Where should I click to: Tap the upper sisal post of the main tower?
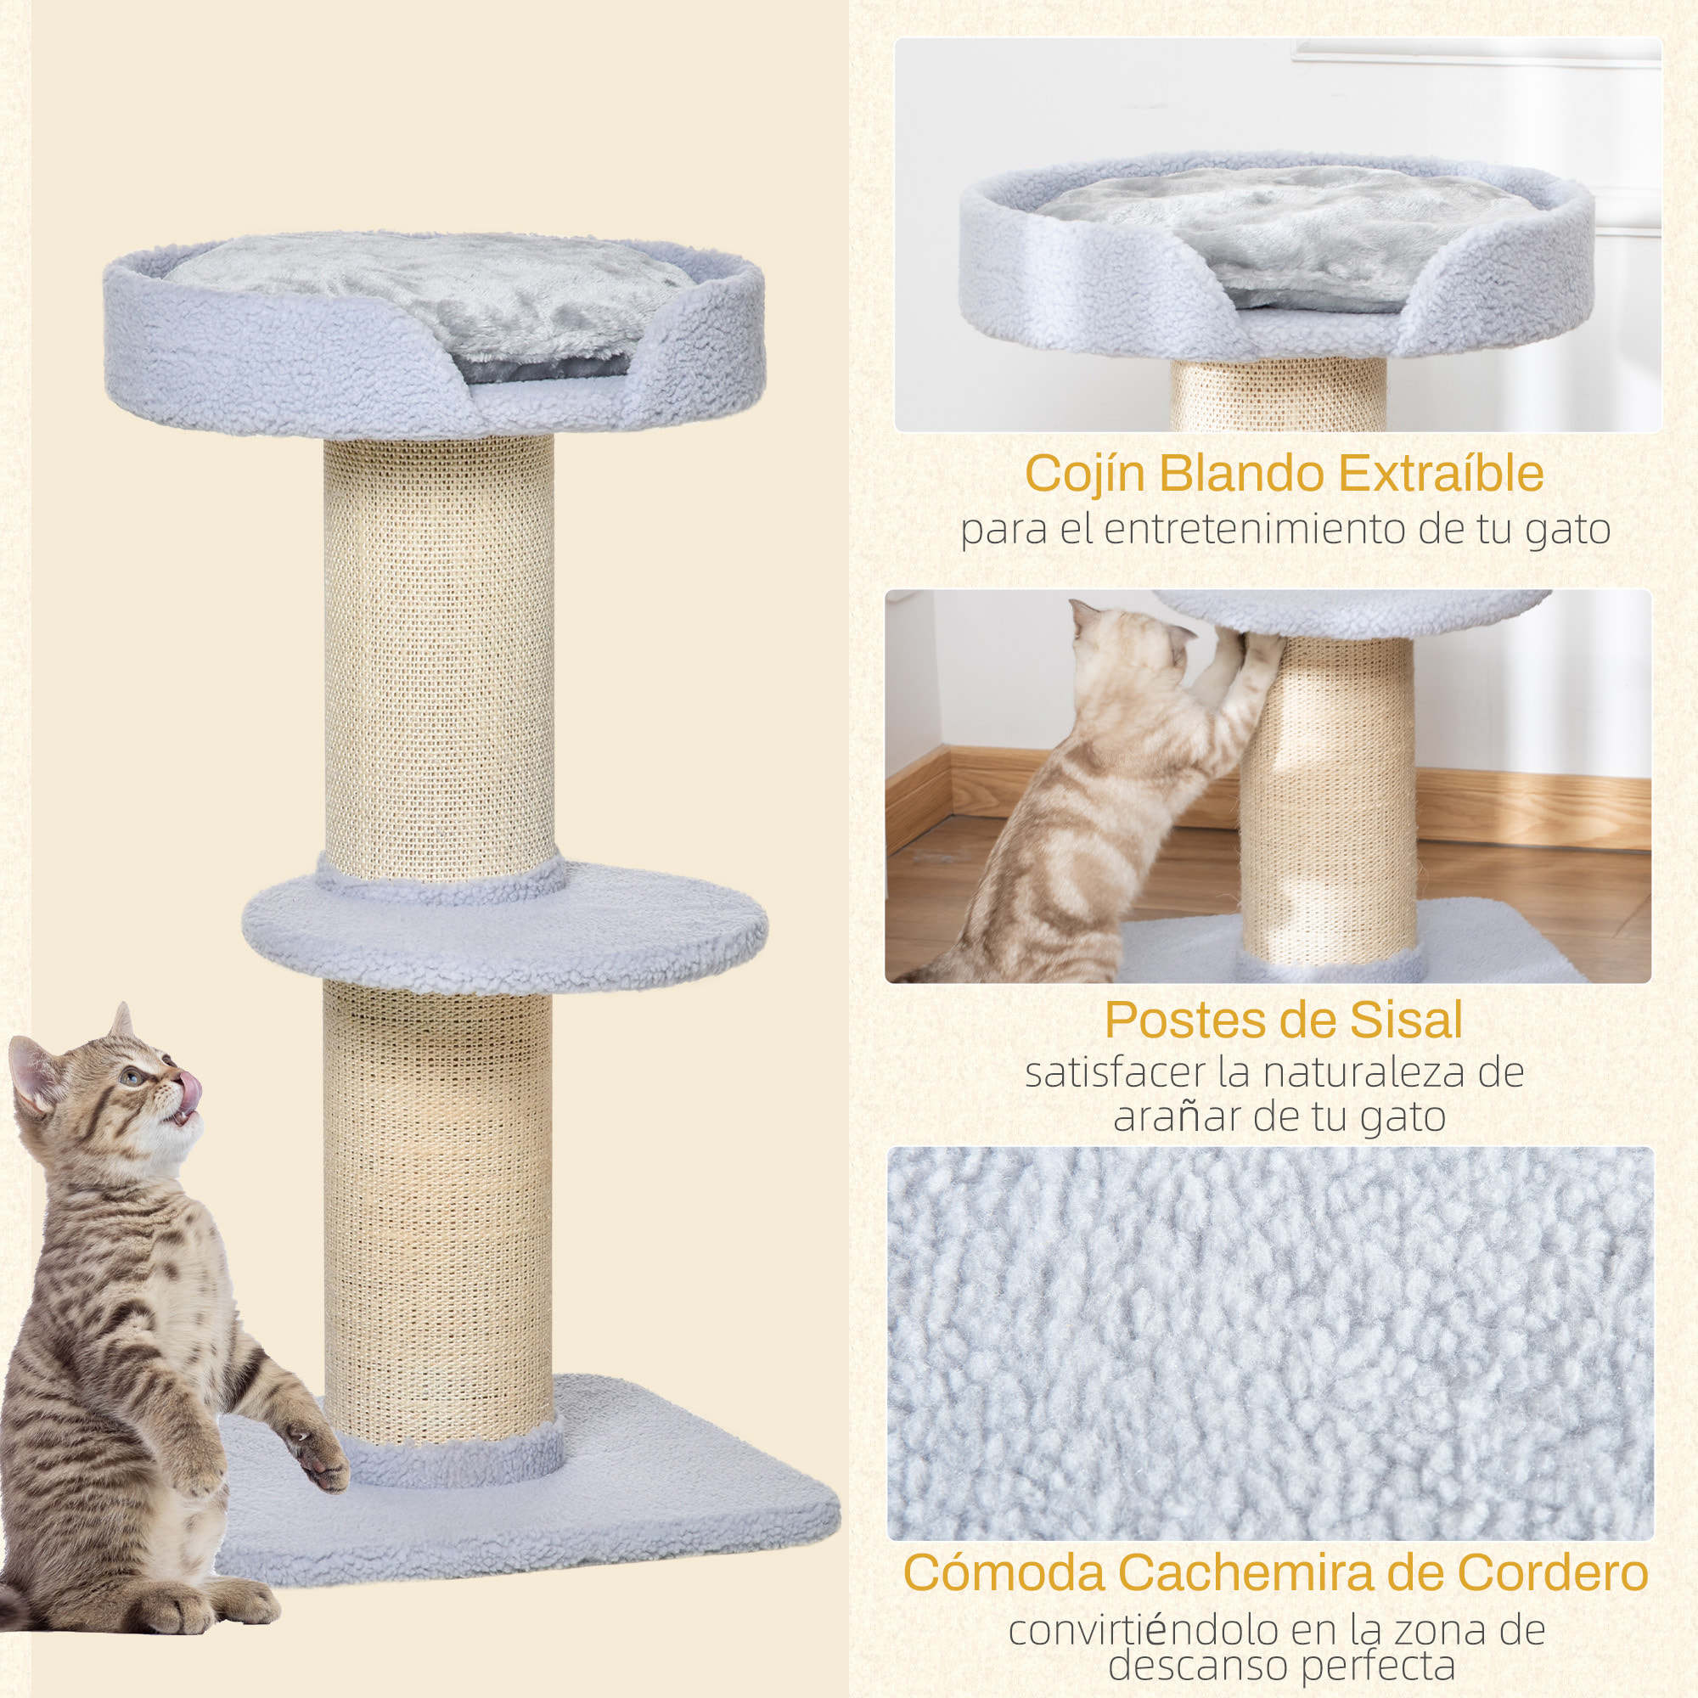[x=439, y=650]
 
